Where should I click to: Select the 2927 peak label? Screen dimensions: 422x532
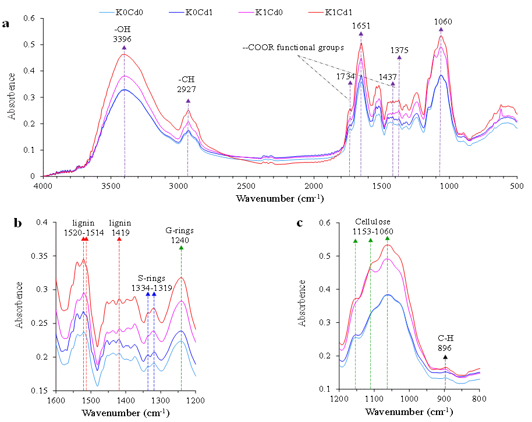tap(187, 90)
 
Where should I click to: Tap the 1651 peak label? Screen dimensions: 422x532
tap(361, 26)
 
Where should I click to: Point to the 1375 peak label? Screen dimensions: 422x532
tap(399, 50)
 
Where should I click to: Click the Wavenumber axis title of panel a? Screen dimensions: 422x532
tap(279, 198)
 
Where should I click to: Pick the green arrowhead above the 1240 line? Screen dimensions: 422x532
tap(181, 248)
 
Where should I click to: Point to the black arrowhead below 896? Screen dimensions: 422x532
tap(445, 357)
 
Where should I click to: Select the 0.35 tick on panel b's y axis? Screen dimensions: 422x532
tap(41, 256)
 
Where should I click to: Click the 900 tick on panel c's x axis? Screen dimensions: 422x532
tap(445, 399)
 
